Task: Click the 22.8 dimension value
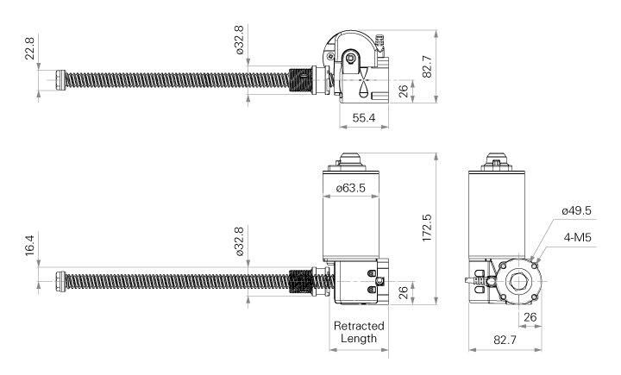coord(30,47)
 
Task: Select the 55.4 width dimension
coord(364,117)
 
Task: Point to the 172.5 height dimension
coord(427,228)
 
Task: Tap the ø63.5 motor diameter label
coord(350,188)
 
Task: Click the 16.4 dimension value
coord(30,246)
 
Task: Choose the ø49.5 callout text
coord(576,210)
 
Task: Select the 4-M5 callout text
coord(577,237)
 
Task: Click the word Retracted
coord(359,326)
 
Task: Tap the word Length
coord(359,339)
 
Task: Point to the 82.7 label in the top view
coord(427,66)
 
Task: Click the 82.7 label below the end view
coord(505,340)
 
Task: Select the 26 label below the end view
coord(530,317)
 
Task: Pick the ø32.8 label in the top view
coord(239,40)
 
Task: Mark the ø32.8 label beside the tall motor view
coord(239,241)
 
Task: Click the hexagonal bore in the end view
coord(517,281)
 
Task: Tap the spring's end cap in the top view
coord(60,80)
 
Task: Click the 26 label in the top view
coord(403,91)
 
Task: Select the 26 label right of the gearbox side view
coord(403,292)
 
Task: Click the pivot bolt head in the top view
coord(350,59)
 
